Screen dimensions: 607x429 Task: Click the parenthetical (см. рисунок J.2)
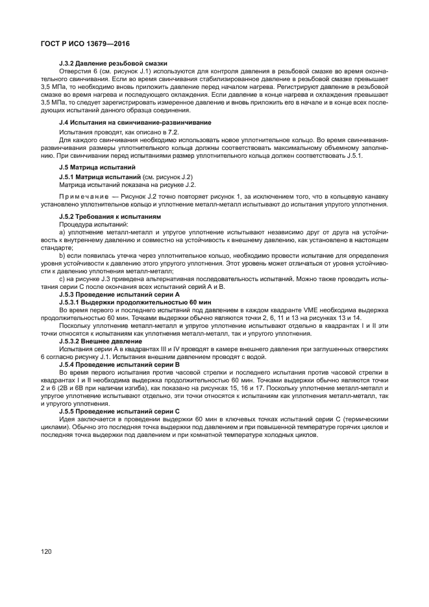click(x=167, y=177)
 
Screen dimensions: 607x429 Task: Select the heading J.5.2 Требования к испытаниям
click(x=108, y=215)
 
